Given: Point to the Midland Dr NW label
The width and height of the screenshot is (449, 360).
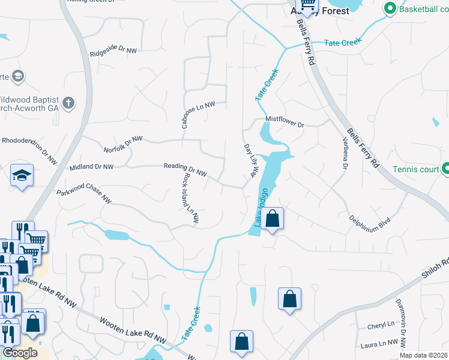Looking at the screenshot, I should tap(91, 167).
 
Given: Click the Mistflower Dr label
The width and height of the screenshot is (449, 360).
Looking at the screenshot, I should tap(285, 121).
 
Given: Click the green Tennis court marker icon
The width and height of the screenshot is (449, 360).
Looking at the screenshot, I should tap(445, 169).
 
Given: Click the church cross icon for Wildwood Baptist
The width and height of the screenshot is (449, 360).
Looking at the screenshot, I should tap(68, 103).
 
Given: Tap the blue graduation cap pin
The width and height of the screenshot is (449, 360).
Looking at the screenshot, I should tap(22, 176).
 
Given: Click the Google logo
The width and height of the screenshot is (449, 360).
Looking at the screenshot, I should tap(19, 353).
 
